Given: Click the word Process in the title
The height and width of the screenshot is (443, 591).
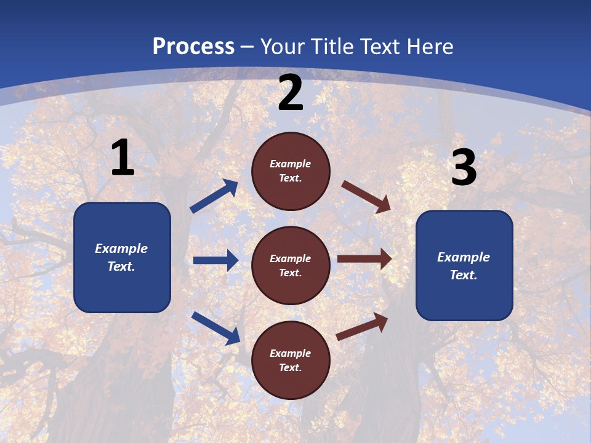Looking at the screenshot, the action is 194,47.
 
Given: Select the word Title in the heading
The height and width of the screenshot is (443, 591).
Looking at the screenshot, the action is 333,46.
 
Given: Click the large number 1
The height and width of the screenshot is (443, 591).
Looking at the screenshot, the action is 123,157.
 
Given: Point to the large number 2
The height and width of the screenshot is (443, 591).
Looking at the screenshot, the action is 291,93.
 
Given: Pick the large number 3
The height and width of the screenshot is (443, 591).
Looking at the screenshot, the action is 464,167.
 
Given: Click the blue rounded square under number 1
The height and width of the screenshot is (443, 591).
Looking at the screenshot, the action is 122,257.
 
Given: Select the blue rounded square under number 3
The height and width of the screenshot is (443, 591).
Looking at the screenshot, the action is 464,266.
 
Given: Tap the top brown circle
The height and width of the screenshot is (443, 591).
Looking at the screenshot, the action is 291,171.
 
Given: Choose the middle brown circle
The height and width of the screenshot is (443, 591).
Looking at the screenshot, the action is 291,266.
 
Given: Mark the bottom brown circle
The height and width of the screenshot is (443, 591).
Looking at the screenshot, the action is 291,360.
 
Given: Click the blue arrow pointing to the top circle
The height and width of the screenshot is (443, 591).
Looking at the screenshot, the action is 214,196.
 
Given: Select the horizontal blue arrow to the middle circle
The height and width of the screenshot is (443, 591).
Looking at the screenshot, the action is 216,260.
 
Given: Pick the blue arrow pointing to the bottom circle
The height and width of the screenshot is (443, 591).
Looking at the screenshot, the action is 216,329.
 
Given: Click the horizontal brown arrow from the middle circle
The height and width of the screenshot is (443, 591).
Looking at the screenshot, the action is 364,258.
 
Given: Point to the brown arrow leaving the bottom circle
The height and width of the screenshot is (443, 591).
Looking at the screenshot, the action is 362,327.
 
